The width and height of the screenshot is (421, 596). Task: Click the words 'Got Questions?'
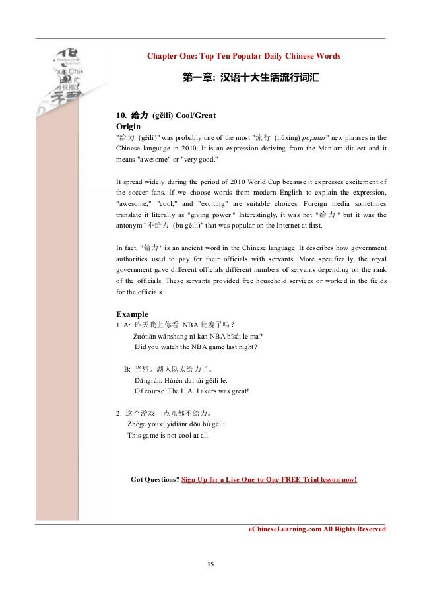(155, 479)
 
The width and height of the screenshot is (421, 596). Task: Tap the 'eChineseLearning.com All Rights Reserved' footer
(317, 529)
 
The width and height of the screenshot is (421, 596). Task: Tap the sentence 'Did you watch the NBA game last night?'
(195, 347)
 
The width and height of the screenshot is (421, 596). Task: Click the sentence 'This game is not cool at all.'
(171, 435)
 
